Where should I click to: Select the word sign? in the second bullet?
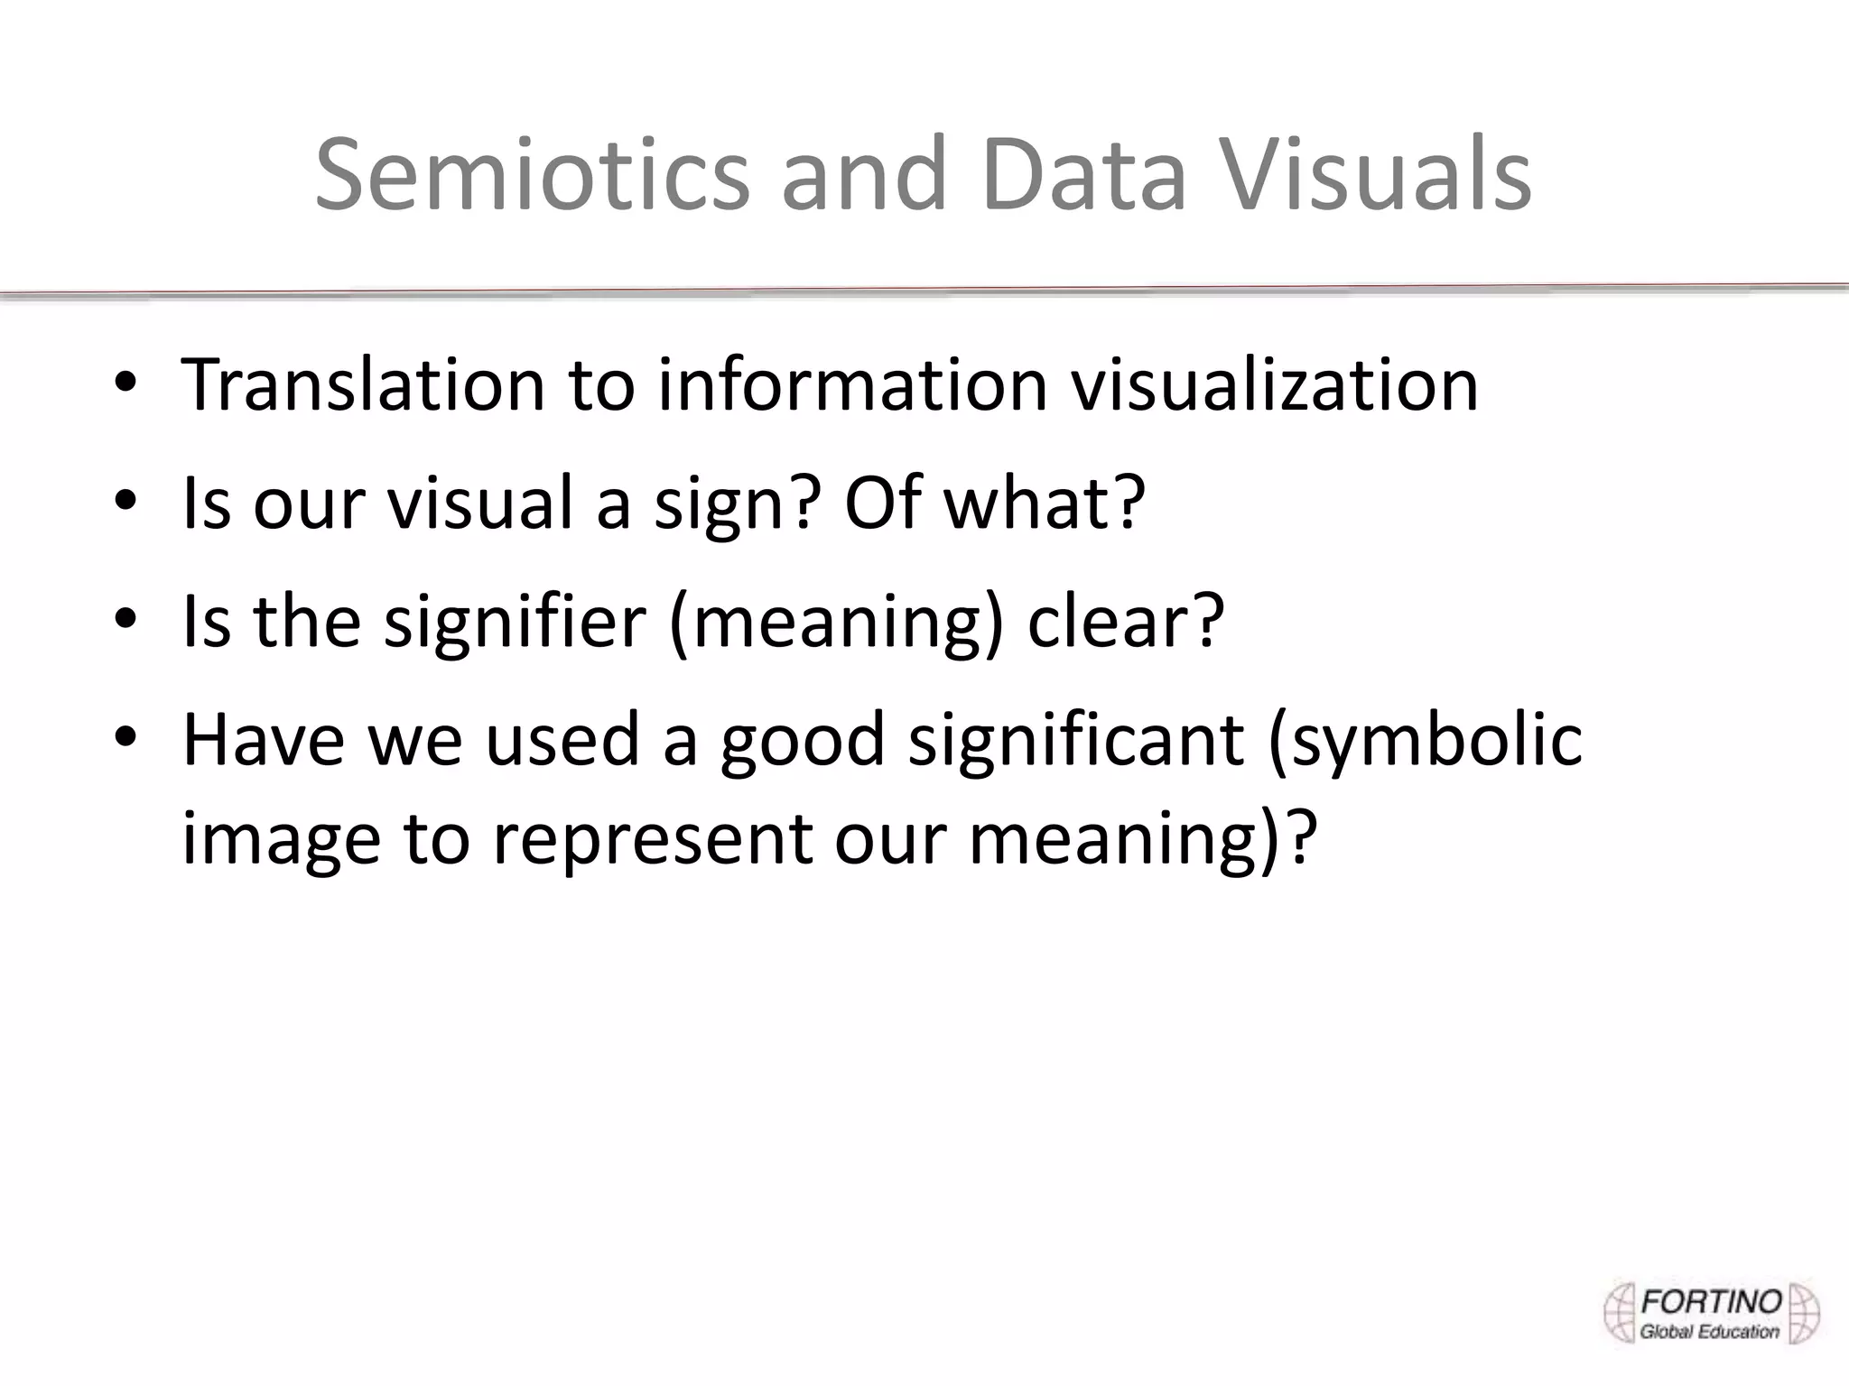point(737,504)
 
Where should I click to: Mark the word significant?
point(1075,740)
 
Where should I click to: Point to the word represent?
point(651,839)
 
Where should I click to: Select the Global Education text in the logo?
point(1709,1331)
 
